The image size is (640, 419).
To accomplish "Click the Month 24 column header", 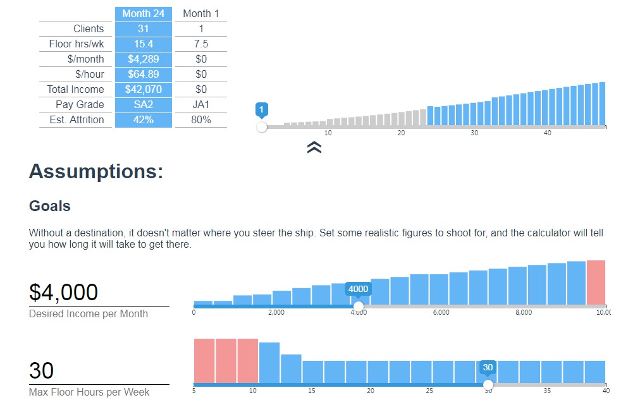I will pyautogui.click(x=144, y=13).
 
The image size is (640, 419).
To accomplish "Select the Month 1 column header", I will pyautogui.click(x=201, y=13).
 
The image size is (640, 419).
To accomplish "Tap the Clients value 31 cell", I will pyautogui.click(x=144, y=28).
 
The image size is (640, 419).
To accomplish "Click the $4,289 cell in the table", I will pyautogui.click(x=144, y=59).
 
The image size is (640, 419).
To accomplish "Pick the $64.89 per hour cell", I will pyautogui.click(x=144, y=74).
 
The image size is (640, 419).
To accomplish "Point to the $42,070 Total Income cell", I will pyautogui.click(x=144, y=89).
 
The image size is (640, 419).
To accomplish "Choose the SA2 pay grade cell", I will pyautogui.click(x=144, y=104).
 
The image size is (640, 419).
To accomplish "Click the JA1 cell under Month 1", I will pyautogui.click(x=201, y=104).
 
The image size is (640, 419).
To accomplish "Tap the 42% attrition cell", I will pyautogui.click(x=144, y=119).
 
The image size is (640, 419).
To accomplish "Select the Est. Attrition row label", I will pyautogui.click(x=77, y=119).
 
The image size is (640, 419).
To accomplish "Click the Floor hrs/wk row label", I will pyautogui.click(x=77, y=44).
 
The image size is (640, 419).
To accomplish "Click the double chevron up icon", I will pyautogui.click(x=314, y=147).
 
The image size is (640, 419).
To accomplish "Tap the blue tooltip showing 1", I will pyautogui.click(x=262, y=109).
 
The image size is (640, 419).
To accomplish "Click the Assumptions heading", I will pyautogui.click(x=96, y=171).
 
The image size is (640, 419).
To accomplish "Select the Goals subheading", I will pyautogui.click(x=50, y=206).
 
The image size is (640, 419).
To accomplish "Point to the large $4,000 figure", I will pyautogui.click(x=64, y=293).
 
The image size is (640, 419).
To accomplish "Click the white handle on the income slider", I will pyautogui.click(x=359, y=307).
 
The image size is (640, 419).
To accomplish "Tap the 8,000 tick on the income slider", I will pyautogui.click(x=524, y=313).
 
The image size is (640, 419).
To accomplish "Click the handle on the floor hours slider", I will pyautogui.click(x=488, y=384).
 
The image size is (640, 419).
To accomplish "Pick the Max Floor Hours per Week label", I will pyautogui.click(x=89, y=392).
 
